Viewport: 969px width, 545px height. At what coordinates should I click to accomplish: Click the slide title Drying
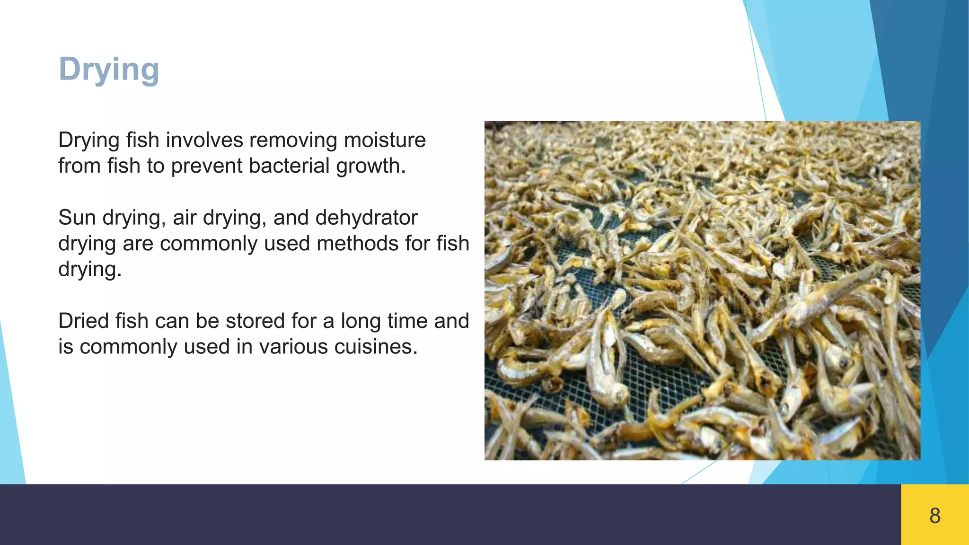(109, 70)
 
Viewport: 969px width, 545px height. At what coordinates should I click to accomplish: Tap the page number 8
(935, 516)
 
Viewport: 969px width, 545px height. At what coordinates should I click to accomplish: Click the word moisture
(385, 140)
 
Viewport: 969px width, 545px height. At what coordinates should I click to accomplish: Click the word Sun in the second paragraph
(77, 218)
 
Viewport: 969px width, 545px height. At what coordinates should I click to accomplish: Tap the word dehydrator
(366, 218)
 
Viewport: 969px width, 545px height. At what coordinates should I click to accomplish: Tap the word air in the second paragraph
(185, 218)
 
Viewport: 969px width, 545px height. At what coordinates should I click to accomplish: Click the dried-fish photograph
(702, 290)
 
